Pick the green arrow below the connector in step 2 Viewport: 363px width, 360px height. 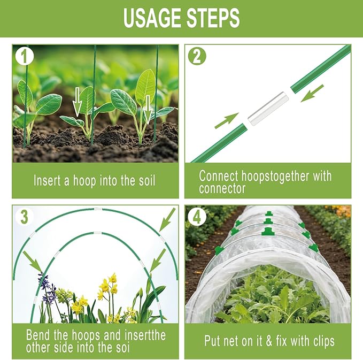(x=227, y=121)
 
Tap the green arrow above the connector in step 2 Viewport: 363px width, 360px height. (x=312, y=93)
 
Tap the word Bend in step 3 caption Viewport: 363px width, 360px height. (x=38, y=335)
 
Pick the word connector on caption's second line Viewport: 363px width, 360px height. (x=222, y=188)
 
